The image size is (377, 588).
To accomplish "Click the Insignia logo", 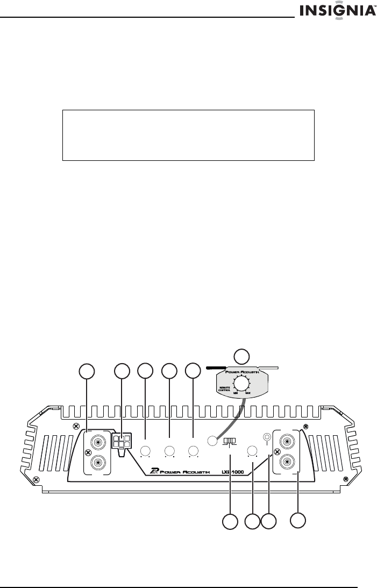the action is [338, 11].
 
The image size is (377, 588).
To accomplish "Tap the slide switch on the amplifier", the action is [230, 442].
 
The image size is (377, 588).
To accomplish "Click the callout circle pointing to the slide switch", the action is [230, 521].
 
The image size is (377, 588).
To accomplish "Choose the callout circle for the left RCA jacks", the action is [87, 371].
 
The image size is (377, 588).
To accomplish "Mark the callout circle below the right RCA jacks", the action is [298, 520].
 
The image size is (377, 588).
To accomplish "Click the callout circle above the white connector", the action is [123, 371].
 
